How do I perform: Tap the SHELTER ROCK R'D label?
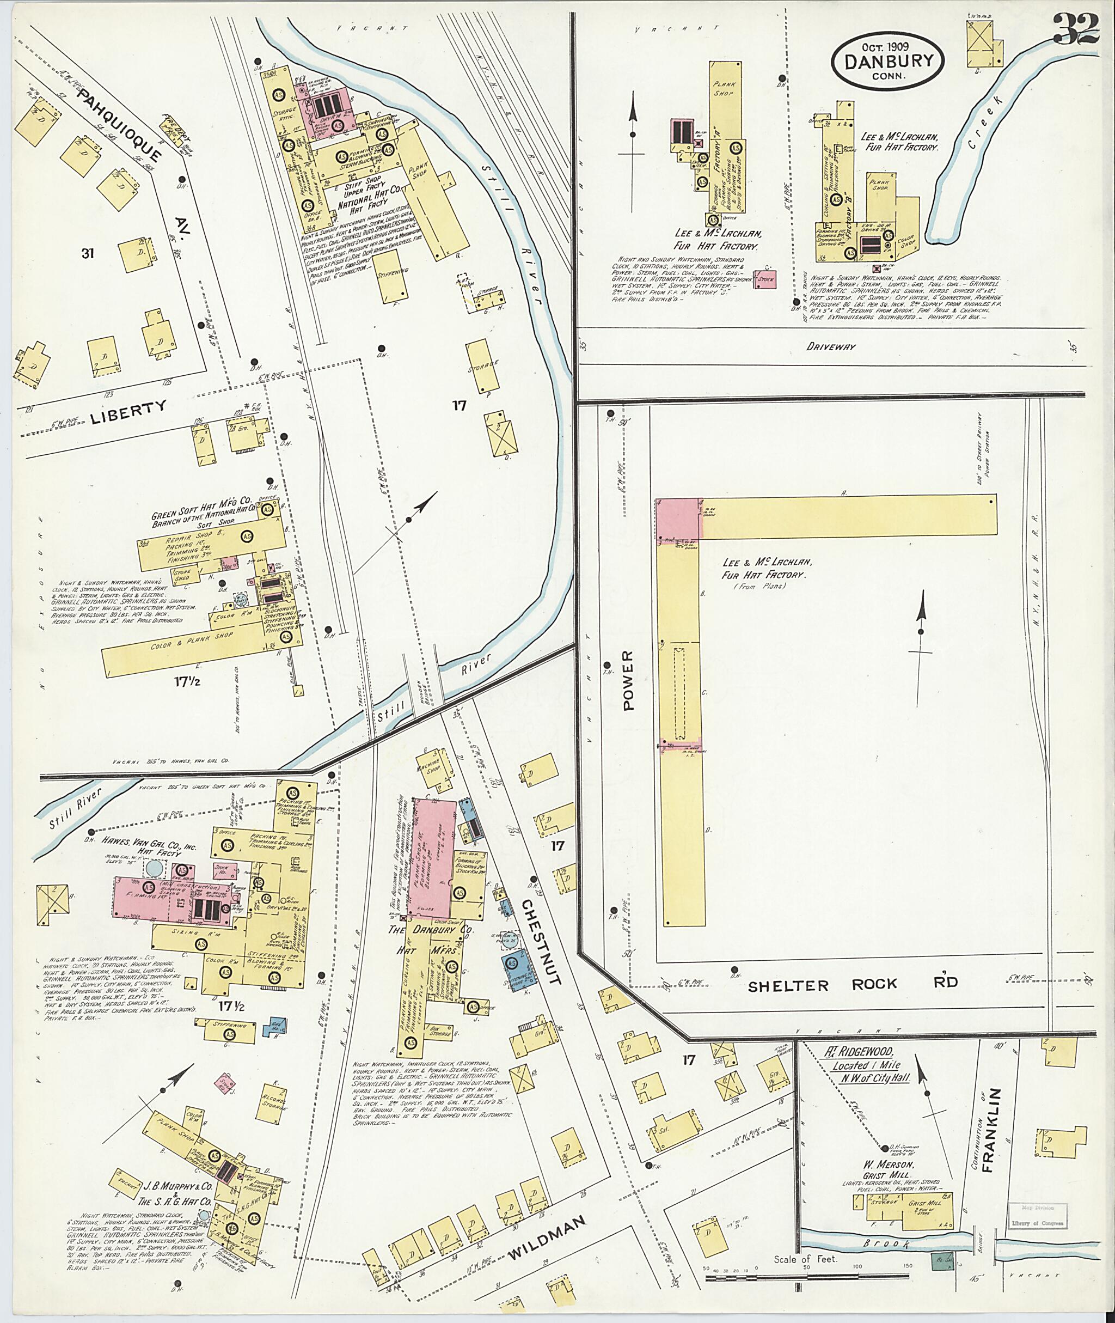tap(853, 983)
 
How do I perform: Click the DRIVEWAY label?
tap(832, 346)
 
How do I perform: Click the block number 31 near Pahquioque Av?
tap(87, 254)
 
